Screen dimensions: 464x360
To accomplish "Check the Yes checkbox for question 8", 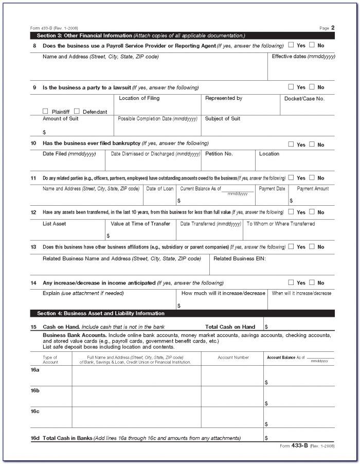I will (x=291, y=45).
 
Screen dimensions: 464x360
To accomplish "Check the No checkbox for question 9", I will (x=312, y=87).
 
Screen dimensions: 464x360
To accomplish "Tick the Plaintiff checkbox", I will (x=45, y=111).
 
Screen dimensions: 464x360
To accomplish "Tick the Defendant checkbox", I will (x=77, y=111).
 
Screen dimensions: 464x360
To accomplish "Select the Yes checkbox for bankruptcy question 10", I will (x=291, y=145).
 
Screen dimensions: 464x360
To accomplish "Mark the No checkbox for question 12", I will (x=312, y=211).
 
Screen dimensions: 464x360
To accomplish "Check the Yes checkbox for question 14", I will (x=291, y=282).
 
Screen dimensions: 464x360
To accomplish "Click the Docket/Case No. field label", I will (x=304, y=98).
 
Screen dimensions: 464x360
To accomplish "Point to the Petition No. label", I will (x=219, y=154).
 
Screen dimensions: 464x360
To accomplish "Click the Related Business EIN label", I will (x=239, y=258).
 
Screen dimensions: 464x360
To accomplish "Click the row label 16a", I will (x=34, y=369).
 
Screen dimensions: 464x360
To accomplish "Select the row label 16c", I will (x=34, y=411).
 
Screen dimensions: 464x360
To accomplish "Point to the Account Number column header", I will (x=233, y=358).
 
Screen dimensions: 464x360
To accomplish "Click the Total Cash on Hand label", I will (x=230, y=327).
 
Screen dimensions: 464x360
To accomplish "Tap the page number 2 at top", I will (x=333, y=27).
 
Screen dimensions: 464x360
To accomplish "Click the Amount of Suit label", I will (x=60, y=119).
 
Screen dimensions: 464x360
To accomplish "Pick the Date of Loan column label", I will (x=159, y=189).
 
